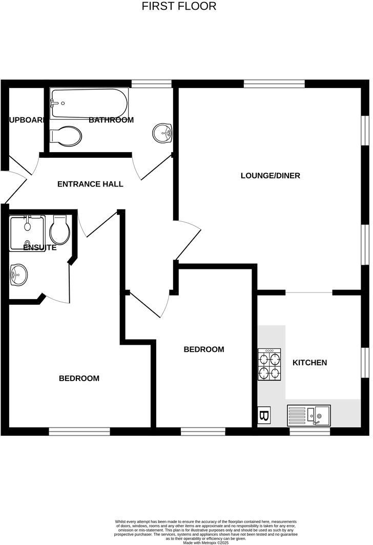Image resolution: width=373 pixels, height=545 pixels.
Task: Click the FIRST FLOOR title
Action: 179,6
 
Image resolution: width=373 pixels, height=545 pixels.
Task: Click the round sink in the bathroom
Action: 162,134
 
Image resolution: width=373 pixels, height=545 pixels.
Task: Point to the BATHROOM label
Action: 111,120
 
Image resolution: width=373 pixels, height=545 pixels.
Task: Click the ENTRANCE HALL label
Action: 90,184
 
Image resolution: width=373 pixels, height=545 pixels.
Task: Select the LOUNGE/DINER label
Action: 271,176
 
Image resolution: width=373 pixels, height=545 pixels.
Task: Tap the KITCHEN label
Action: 309,363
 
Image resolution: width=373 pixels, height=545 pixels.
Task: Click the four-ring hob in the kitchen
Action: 270,365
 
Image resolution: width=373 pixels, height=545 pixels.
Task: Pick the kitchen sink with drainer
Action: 309,415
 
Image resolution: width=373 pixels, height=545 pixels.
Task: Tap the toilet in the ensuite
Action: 60,230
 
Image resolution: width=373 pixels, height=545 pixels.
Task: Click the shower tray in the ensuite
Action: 28,233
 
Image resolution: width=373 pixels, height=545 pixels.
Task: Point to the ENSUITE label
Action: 40,247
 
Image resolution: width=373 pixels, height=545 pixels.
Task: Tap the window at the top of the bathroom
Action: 151,83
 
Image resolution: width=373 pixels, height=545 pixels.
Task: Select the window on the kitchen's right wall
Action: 364,363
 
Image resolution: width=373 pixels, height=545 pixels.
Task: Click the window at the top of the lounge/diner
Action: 274,83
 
